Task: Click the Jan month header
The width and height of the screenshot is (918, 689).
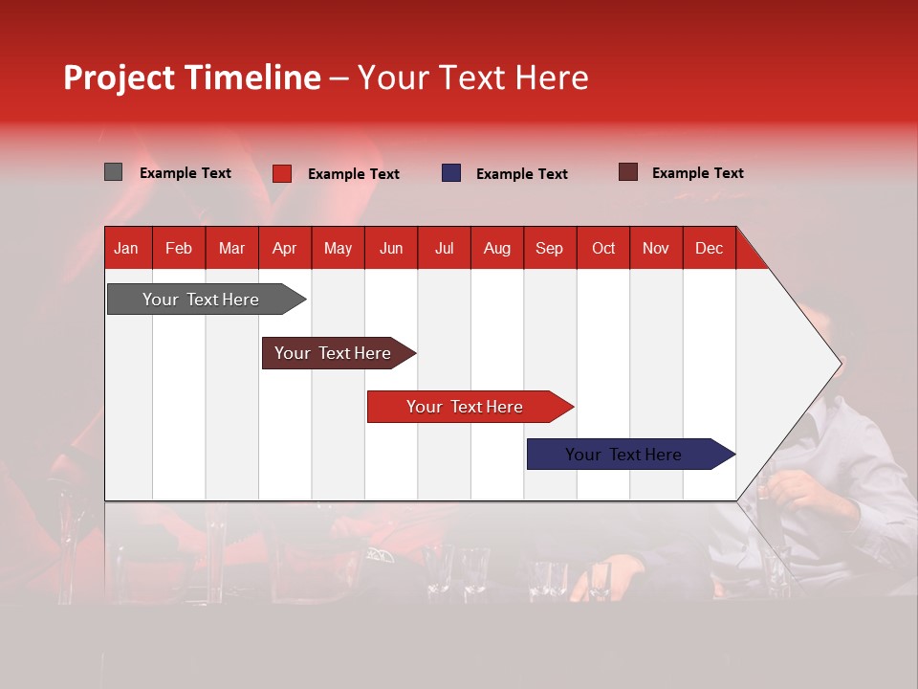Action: [x=127, y=248]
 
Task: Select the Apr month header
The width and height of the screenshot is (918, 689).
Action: [x=285, y=248]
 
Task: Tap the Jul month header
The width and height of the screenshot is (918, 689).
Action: [x=444, y=248]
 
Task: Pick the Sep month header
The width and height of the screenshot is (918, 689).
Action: [x=550, y=248]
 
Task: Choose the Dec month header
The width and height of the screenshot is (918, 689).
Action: [x=709, y=248]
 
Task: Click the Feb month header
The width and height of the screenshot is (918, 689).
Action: [x=179, y=248]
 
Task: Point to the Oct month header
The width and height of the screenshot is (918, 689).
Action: [x=603, y=248]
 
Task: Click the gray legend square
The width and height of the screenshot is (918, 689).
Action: [x=114, y=172]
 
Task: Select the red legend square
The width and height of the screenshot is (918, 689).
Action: [x=282, y=173]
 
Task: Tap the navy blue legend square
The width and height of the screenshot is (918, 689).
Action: [x=451, y=173]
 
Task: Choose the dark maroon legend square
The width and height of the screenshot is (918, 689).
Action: [x=628, y=172]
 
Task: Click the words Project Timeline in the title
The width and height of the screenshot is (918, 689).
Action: [x=191, y=78]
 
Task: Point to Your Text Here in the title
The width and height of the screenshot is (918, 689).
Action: [x=472, y=78]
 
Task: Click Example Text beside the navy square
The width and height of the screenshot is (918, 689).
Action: [x=521, y=174]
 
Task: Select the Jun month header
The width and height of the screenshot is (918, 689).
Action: [x=391, y=248]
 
